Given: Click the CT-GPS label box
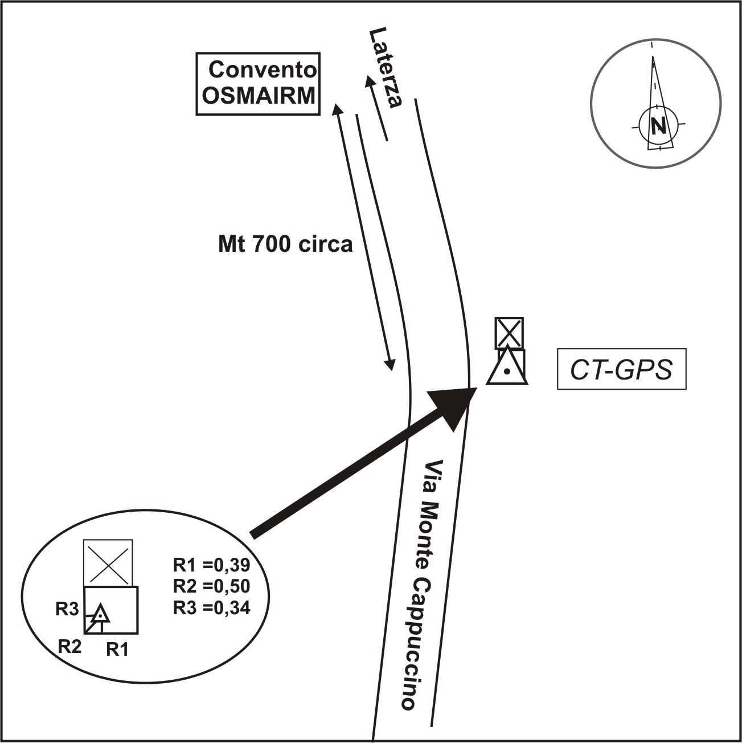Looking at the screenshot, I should pos(621,369).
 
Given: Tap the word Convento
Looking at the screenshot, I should pos(263,70).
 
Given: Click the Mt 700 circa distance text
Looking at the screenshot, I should pos(285,244).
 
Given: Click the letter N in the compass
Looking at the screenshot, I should pos(659,125).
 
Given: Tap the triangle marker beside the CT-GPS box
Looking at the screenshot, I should pos(507,368).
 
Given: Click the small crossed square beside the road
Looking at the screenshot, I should pos(509,333).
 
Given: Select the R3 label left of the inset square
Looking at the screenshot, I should pos(66,609).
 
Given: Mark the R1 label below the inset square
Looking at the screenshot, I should pos(117,649).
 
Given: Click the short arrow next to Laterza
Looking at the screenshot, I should pos(377,108).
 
